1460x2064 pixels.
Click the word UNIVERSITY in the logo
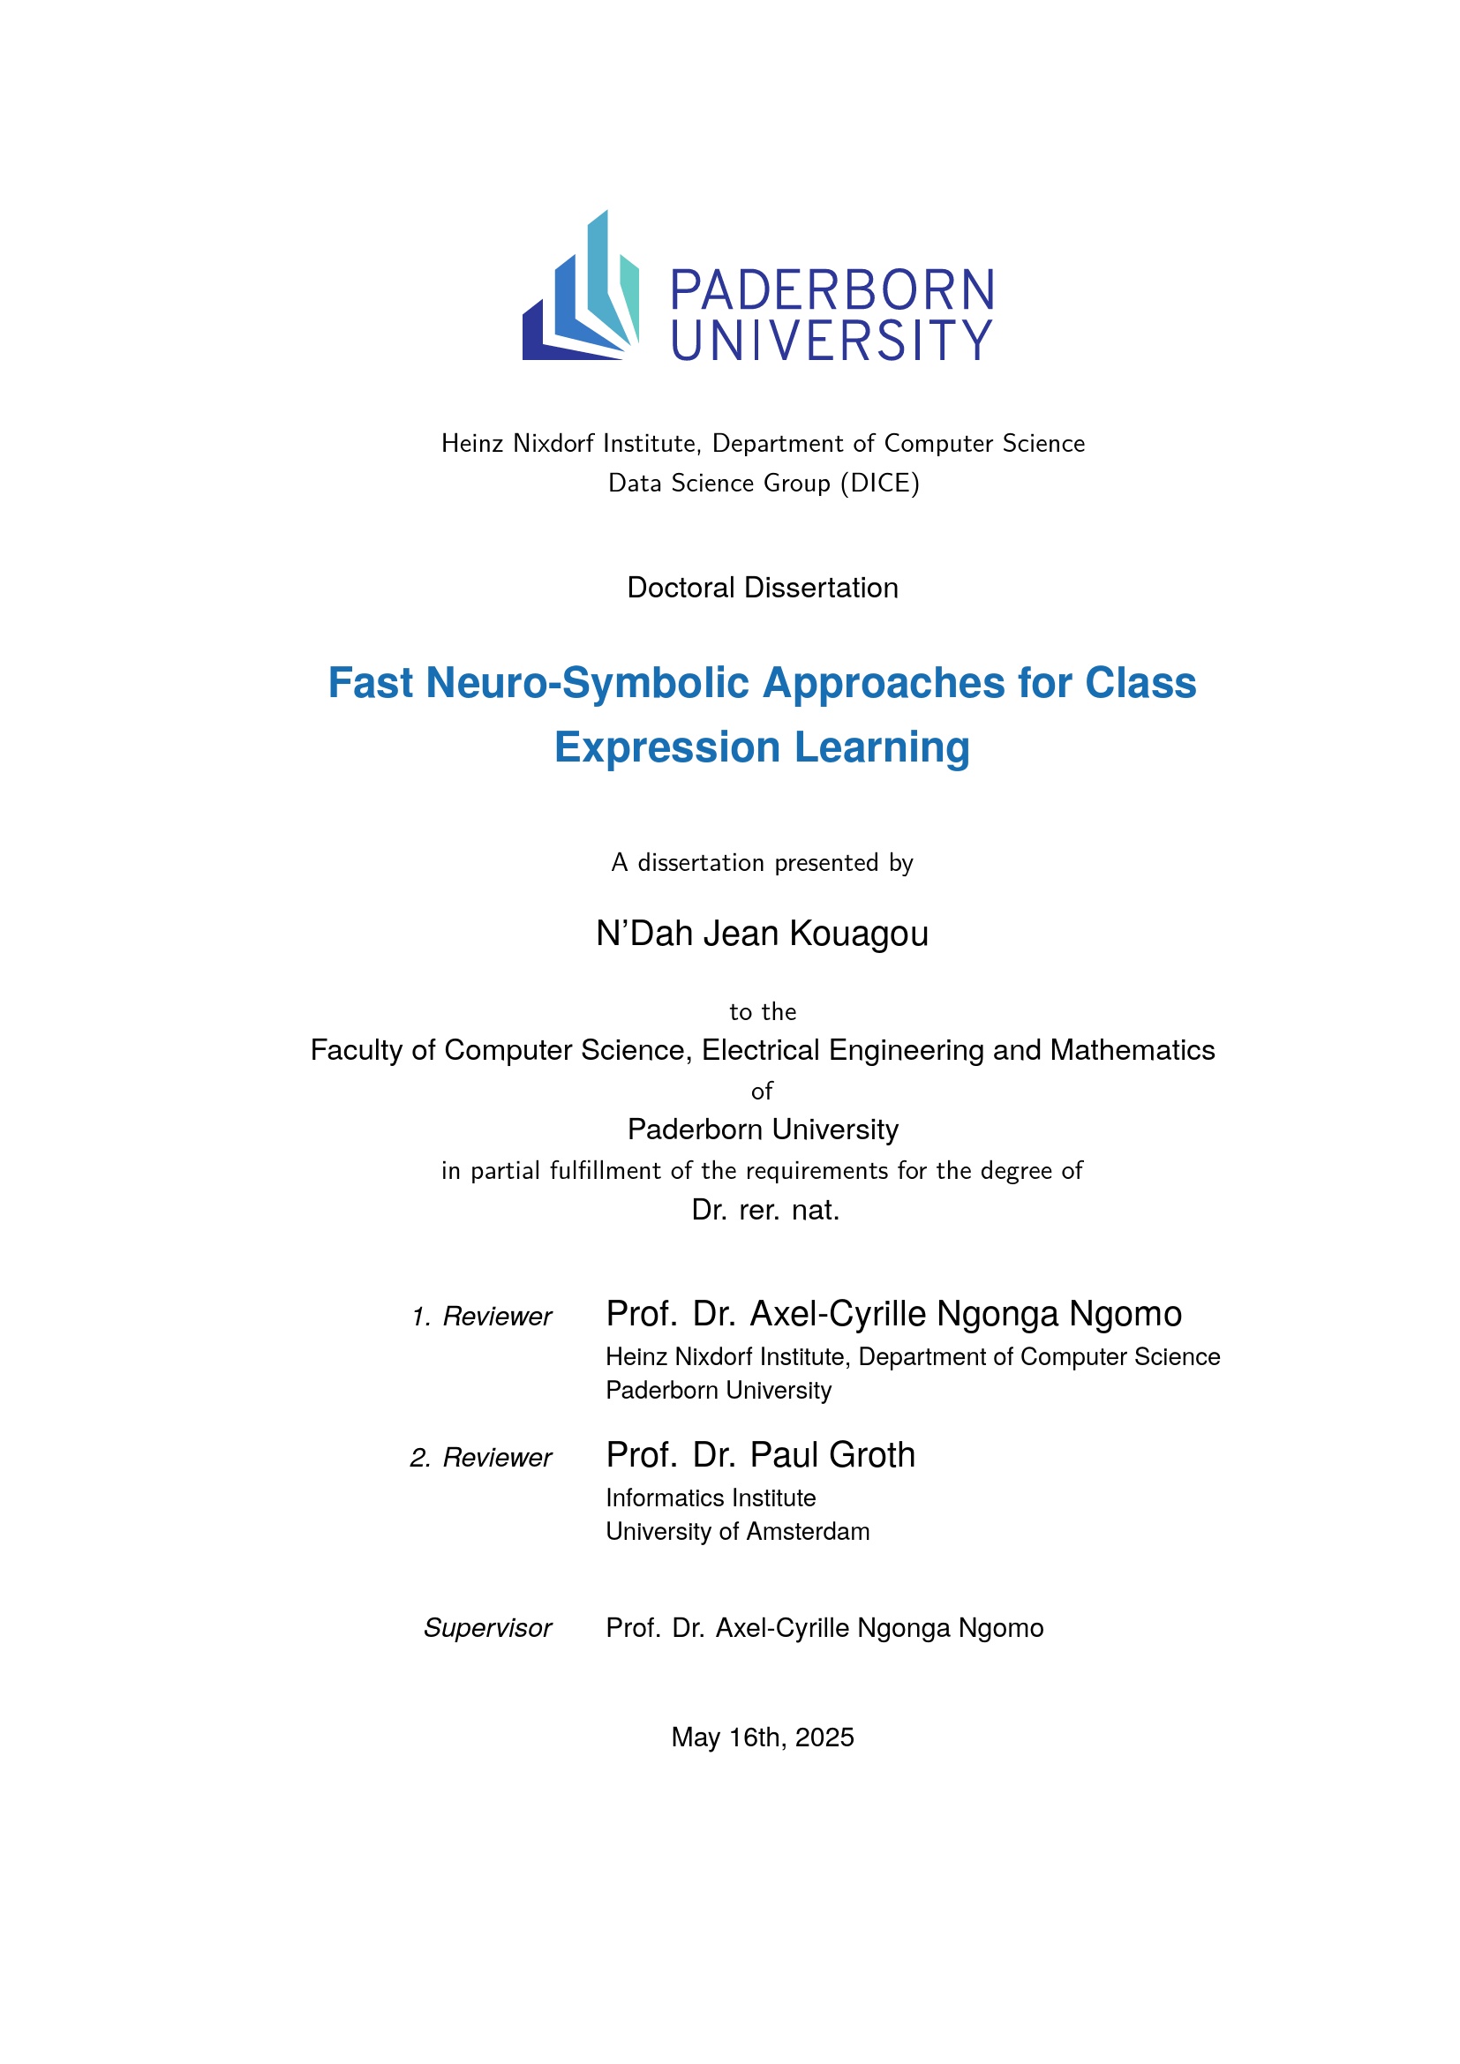pos(832,341)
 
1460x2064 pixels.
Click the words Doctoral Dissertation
pos(763,588)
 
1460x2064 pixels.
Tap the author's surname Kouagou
pos(859,934)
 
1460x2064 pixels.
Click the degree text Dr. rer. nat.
pos(765,1210)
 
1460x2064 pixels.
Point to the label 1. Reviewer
pos(482,1317)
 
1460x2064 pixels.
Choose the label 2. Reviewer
pos(481,1458)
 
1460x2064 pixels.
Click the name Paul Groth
pos(832,1455)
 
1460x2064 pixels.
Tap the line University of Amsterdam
pos(737,1532)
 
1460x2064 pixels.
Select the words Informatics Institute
pos(711,1498)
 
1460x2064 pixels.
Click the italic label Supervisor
pos(487,1628)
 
